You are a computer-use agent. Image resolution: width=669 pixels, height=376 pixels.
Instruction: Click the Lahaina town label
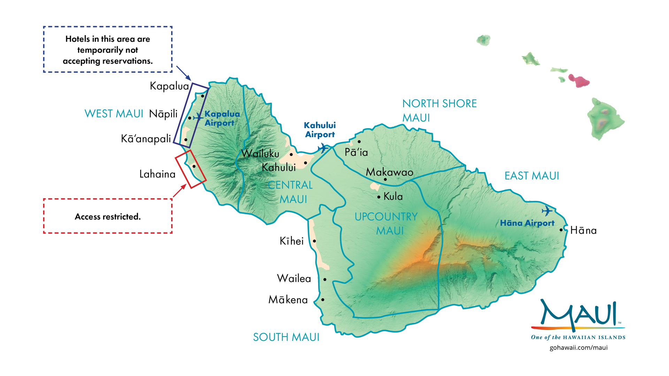click(157, 174)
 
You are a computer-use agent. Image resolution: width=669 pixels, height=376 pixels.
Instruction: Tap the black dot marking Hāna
click(561, 230)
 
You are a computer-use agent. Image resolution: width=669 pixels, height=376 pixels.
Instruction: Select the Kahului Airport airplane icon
click(323, 148)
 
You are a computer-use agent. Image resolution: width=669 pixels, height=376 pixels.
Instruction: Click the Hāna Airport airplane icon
click(547, 211)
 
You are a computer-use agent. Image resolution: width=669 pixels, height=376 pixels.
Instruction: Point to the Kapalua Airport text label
click(222, 118)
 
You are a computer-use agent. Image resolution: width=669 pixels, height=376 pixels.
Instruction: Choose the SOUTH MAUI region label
click(286, 337)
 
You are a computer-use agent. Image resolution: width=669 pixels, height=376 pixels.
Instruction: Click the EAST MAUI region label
click(532, 176)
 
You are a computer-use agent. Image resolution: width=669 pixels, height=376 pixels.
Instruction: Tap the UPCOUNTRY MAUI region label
click(386, 224)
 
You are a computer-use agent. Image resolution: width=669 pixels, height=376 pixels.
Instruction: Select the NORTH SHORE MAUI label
click(439, 110)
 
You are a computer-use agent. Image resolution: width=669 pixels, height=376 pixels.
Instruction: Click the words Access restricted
click(108, 217)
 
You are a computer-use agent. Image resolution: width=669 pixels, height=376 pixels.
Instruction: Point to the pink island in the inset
click(579, 81)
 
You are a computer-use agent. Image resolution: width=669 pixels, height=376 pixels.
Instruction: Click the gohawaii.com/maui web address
click(578, 347)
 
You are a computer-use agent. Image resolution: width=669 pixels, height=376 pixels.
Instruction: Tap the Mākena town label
click(288, 300)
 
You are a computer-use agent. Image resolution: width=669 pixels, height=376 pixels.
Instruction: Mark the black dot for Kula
click(379, 197)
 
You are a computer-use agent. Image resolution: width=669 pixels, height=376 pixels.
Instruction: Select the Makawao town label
click(389, 172)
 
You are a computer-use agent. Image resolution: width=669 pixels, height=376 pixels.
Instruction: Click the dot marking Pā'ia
click(359, 142)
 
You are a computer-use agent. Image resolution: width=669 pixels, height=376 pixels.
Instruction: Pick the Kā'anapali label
click(146, 139)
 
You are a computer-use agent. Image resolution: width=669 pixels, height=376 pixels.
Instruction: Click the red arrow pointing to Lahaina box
click(179, 191)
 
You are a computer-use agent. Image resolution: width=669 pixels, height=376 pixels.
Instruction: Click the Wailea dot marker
click(325, 280)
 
